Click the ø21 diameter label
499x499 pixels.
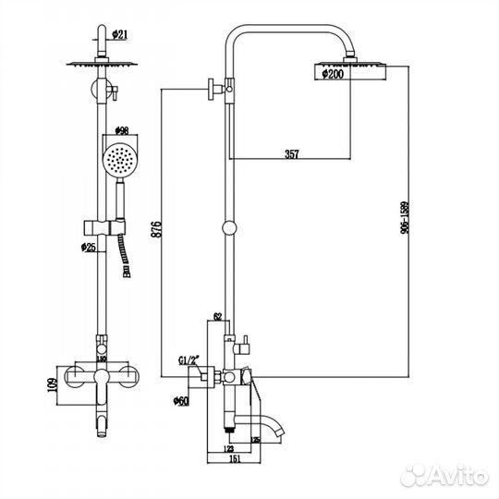(119, 35)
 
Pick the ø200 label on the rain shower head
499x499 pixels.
(333, 76)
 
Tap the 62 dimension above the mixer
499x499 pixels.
(218, 316)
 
